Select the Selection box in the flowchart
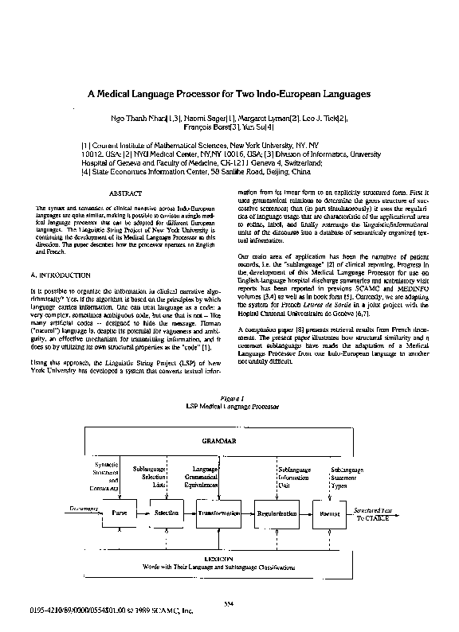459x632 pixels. [167, 514]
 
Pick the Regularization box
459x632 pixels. [278, 514]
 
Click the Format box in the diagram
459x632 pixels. [328, 514]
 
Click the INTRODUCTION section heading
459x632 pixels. [64, 274]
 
